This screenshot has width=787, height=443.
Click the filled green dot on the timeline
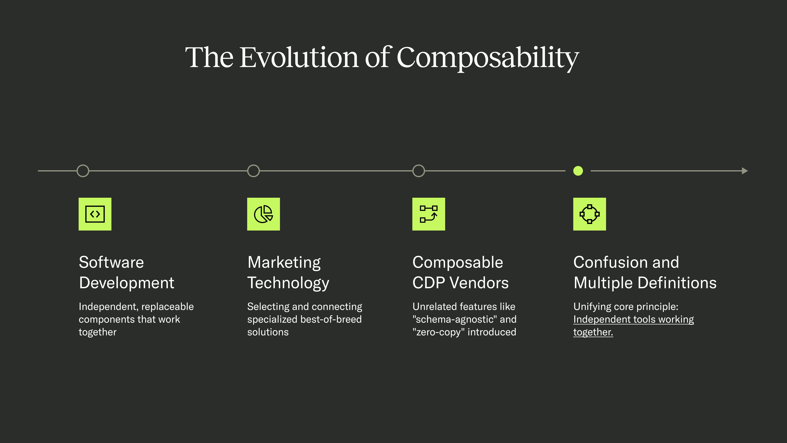578,171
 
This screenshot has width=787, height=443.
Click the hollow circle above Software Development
83,171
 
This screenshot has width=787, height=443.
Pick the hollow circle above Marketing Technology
253,171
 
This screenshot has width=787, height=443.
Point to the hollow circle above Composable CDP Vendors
419,171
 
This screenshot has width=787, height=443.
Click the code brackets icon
95,214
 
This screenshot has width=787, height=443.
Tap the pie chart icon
263,214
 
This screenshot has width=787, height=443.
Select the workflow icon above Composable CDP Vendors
429,214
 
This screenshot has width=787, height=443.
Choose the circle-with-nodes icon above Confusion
590,214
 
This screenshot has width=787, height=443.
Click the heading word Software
111,262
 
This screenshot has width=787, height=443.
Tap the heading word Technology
288,283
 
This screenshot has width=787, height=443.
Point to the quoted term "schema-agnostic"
455,320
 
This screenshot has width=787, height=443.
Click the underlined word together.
593,332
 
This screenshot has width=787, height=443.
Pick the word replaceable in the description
167,307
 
